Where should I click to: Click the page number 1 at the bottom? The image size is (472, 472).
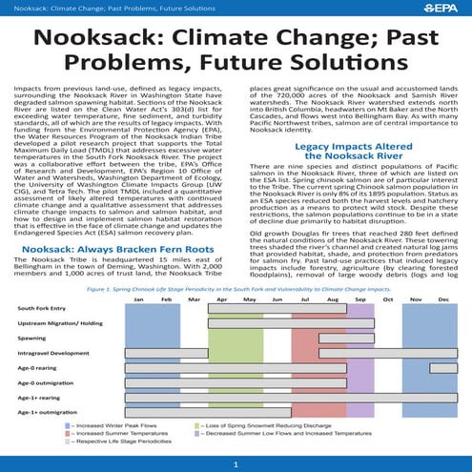[x=236, y=464]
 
